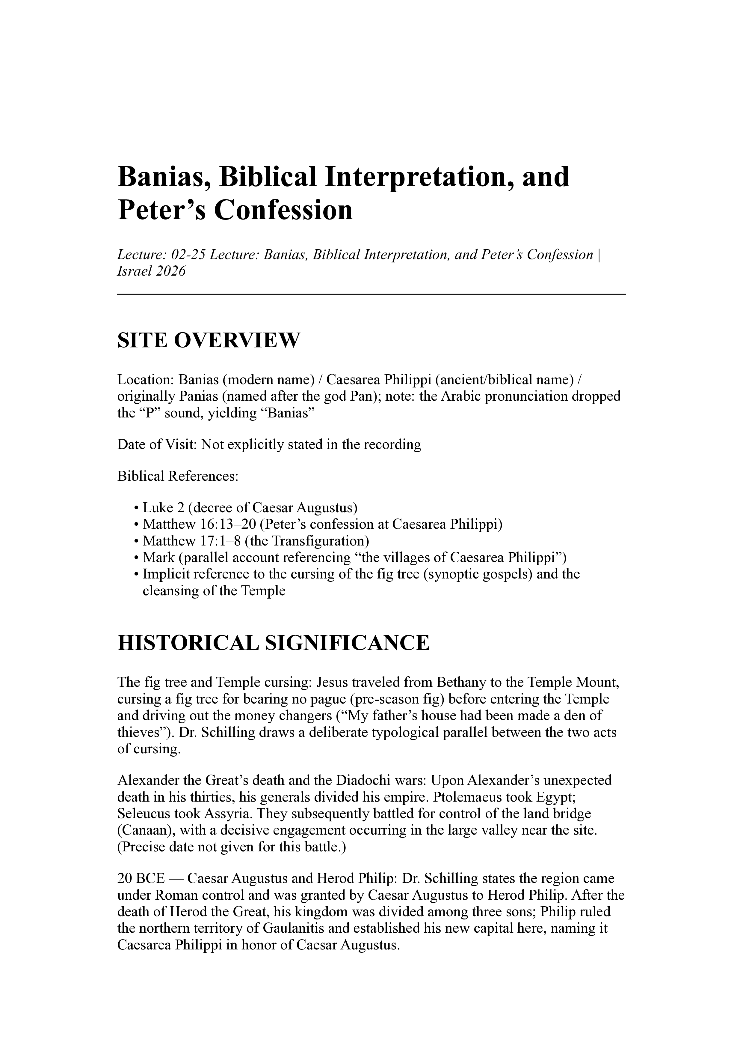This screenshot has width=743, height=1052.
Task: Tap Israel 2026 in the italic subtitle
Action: (x=152, y=271)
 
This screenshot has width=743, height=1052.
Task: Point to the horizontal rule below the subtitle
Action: (x=371, y=294)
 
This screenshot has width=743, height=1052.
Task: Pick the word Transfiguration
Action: (x=321, y=541)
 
